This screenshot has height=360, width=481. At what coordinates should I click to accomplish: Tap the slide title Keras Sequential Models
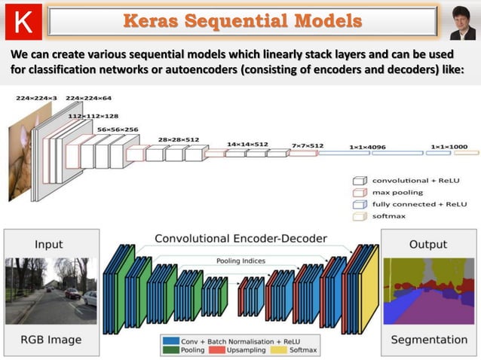click(x=242, y=20)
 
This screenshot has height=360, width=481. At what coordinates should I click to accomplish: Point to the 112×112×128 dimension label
click(x=93, y=116)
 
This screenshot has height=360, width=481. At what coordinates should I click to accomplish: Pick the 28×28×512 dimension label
click(x=179, y=139)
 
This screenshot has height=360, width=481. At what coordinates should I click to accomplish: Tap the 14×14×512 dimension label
click(x=247, y=144)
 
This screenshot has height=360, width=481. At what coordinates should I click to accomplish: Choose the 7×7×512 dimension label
click(x=307, y=145)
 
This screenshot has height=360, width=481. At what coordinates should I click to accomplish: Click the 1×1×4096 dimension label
click(x=367, y=148)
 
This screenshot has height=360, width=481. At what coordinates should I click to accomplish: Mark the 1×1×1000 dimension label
click(x=449, y=148)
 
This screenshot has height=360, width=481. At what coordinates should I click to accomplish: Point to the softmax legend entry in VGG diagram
click(x=390, y=216)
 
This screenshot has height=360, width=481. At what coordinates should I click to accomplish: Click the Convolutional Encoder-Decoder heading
click(x=240, y=239)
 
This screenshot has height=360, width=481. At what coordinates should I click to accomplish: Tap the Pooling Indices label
click(x=240, y=261)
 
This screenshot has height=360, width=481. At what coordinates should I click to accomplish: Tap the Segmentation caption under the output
click(x=428, y=340)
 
